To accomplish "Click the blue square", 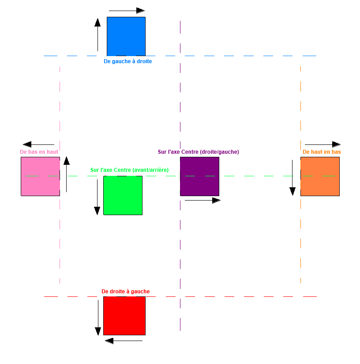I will pyautogui.click(x=126, y=36).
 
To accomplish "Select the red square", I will pyautogui.click(x=124, y=315).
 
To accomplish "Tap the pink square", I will pyautogui.click(x=40, y=176).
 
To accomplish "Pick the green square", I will pyautogui.click(x=123, y=195).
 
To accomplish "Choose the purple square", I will pyautogui.click(x=199, y=176).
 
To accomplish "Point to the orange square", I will pyautogui.click(x=320, y=176).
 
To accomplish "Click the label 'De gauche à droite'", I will pyautogui.click(x=127, y=61).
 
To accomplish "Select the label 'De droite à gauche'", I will pyautogui.click(x=125, y=292).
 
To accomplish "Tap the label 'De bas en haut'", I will pyautogui.click(x=39, y=152).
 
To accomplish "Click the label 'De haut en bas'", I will pyautogui.click(x=322, y=152).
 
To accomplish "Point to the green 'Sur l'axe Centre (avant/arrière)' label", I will pyautogui.click(x=129, y=170).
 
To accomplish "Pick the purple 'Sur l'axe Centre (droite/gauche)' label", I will pyautogui.click(x=198, y=152).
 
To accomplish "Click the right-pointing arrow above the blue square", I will pyautogui.click(x=127, y=11).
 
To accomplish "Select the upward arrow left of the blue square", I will pyautogui.click(x=97, y=35).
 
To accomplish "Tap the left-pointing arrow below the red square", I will pyautogui.click(x=124, y=341).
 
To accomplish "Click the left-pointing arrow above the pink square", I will pyautogui.click(x=38, y=144).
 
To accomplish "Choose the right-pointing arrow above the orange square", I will pyautogui.click(x=322, y=144).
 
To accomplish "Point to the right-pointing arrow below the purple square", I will pyautogui.click(x=202, y=201).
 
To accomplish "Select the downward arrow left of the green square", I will pyautogui.click(x=97, y=197).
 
